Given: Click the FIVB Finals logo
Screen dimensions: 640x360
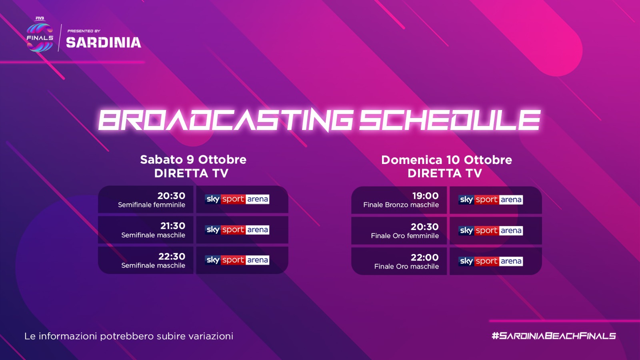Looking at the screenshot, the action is click(40, 34).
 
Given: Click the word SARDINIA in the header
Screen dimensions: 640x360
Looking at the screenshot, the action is click(104, 42).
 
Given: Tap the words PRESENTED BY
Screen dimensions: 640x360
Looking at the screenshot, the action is click(84, 31).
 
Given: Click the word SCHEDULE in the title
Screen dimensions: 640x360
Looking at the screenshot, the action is click(450, 120).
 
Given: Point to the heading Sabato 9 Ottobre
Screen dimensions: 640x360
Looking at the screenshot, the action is click(193, 160).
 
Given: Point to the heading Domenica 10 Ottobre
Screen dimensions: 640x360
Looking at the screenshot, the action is click(446, 160).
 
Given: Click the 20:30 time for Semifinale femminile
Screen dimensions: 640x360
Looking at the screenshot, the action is click(171, 196).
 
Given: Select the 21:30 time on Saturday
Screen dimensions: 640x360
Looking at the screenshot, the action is click(172, 226).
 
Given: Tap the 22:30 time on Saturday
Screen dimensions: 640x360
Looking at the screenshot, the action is click(172, 256).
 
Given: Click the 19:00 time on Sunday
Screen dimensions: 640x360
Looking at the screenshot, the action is click(425, 196).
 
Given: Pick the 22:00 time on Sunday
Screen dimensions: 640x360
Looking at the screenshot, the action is click(424, 258).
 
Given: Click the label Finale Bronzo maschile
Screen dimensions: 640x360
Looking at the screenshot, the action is click(401, 205).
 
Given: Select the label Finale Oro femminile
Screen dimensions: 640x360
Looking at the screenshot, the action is click(405, 236).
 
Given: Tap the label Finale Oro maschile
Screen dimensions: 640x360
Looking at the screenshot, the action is click(406, 266).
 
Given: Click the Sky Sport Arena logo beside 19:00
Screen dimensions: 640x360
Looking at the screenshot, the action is click(490, 200).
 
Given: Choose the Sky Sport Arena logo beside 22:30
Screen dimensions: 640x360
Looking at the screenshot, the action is click(237, 260).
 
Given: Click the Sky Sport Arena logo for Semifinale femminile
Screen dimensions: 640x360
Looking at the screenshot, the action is click(237, 199).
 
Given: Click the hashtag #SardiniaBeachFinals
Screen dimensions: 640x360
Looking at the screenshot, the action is click(554, 336).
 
